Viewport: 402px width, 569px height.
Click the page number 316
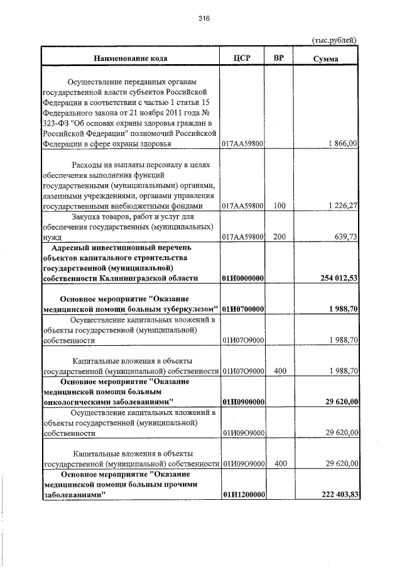(x=203, y=19)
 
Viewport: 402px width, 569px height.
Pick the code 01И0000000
(x=242, y=278)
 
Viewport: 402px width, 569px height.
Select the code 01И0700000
(x=242, y=309)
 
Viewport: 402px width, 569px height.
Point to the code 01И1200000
(x=242, y=495)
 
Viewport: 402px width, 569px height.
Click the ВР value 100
(x=280, y=206)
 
